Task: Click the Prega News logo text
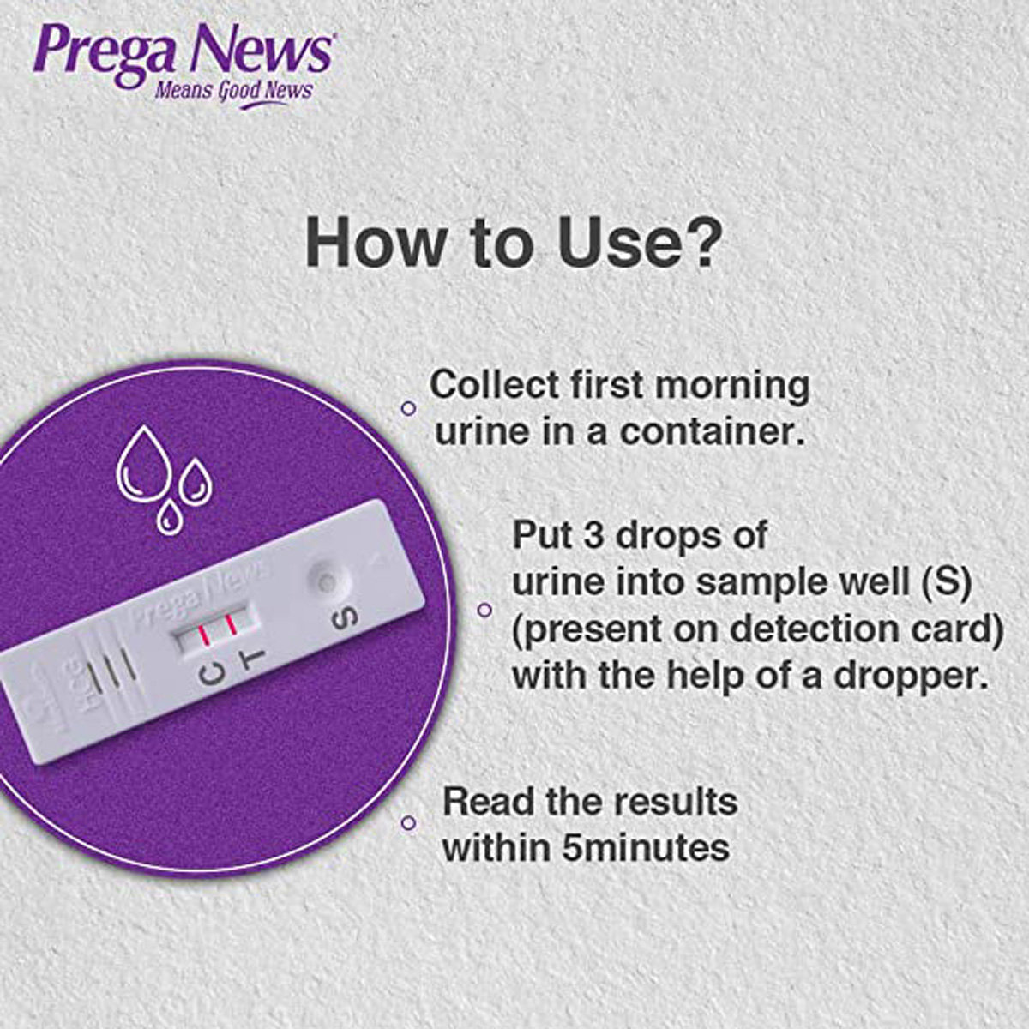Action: (x=182, y=51)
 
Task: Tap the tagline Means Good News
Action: (x=233, y=90)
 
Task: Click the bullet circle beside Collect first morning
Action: (x=409, y=408)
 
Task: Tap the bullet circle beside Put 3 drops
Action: (x=484, y=610)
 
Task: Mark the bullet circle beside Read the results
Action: (x=409, y=823)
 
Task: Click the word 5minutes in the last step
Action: (x=646, y=848)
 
